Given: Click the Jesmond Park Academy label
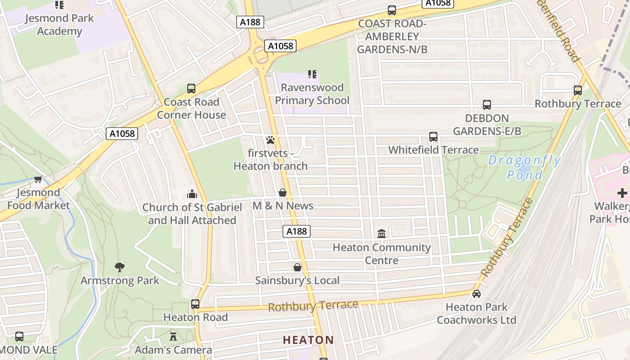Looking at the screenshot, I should pyautogui.click(x=59, y=25).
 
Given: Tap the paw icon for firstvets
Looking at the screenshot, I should pyautogui.click(x=270, y=140).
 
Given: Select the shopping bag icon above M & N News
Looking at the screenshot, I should pyautogui.click(x=283, y=193).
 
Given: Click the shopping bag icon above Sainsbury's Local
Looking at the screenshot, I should pyautogui.click(x=297, y=267).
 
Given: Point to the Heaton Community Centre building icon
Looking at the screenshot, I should pyautogui.click(x=382, y=234).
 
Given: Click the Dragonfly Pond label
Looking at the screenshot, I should pyautogui.click(x=525, y=167).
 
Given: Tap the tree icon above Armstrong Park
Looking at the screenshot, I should pyautogui.click(x=119, y=267).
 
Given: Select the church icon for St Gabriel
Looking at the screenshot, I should pyautogui.click(x=192, y=194).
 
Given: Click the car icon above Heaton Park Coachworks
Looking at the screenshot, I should pyautogui.click(x=477, y=294).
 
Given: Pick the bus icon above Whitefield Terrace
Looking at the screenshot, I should pyautogui.click(x=433, y=136).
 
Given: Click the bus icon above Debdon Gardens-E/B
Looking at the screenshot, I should pyautogui.click(x=486, y=105).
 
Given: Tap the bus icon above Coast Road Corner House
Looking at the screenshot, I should pyautogui.click(x=191, y=89).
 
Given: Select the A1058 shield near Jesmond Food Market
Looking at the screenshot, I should pyautogui.click(x=122, y=134).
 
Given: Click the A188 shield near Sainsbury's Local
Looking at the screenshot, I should pyautogui.click(x=297, y=231).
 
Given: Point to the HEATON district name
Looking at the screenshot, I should pyautogui.click(x=308, y=340).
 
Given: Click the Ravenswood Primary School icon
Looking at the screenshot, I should pyautogui.click(x=312, y=74).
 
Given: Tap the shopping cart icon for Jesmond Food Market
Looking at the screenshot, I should pyautogui.click(x=38, y=179).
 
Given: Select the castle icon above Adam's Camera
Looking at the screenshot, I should pyautogui.click(x=173, y=336).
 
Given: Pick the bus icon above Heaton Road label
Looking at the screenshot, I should pyautogui.click(x=195, y=304).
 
